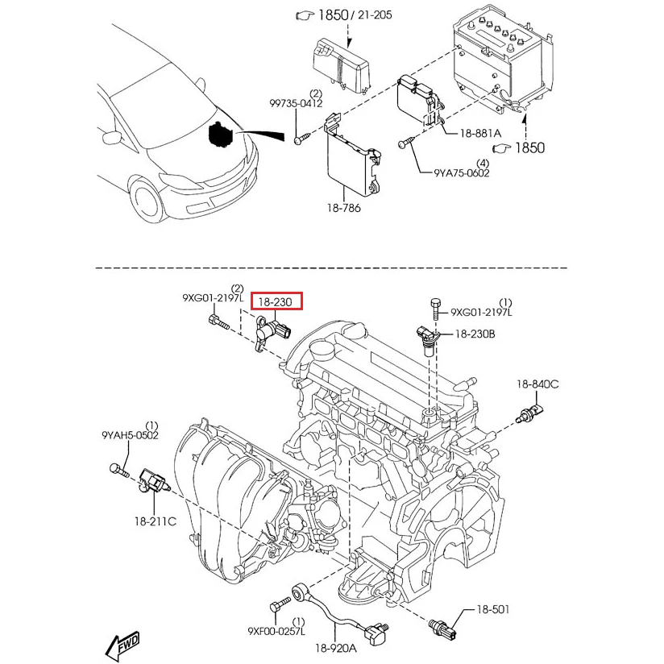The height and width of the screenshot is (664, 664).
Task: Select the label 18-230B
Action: click(x=475, y=333)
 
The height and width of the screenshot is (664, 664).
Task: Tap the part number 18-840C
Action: click(x=537, y=384)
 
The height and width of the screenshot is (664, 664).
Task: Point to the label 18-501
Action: click(x=493, y=610)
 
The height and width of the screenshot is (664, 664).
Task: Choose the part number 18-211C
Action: click(x=155, y=521)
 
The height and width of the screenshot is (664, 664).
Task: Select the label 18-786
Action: click(x=344, y=208)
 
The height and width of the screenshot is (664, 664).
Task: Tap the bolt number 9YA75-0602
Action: click(x=462, y=172)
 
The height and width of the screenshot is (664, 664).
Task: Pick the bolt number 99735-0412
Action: click(x=296, y=103)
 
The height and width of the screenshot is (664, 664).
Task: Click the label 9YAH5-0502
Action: click(x=130, y=435)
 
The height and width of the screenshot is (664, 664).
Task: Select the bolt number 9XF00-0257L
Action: click(x=276, y=631)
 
